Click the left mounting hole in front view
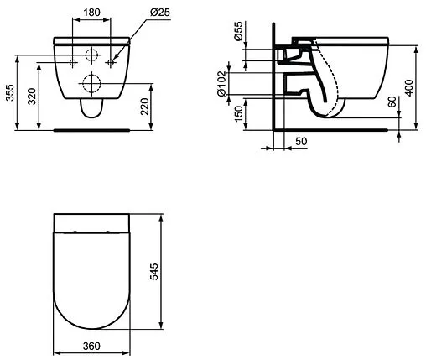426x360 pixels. (x=74, y=63)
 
